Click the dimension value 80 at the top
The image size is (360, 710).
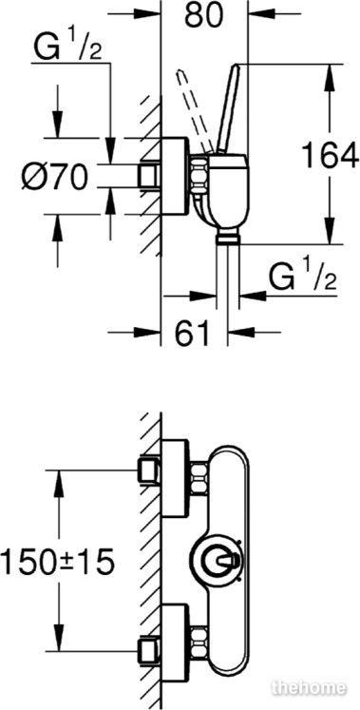[x=203, y=16]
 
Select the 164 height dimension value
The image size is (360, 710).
[x=330, y=155]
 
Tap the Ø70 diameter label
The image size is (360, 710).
[x=54, y=176]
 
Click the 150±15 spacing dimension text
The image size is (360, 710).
[x=57, y=563]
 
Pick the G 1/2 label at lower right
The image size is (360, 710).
[x=303, y=280]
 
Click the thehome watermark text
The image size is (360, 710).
[x=310, y=688]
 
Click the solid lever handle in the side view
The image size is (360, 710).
[x=230, y=107]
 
